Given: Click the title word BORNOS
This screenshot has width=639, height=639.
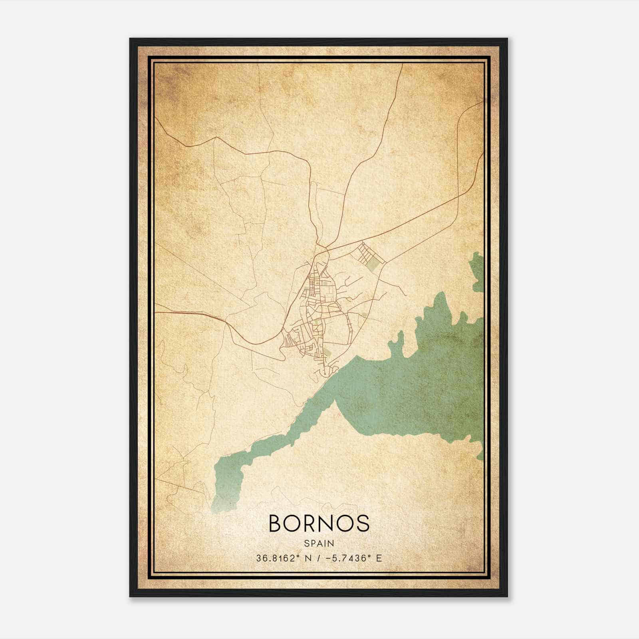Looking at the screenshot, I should [x=319, y=523].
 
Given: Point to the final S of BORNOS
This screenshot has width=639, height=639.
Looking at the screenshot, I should [x=362, y=523].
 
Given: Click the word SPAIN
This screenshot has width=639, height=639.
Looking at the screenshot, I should [x=319, y=543].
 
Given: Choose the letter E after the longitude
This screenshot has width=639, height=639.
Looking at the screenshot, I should [x=379, y=558].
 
